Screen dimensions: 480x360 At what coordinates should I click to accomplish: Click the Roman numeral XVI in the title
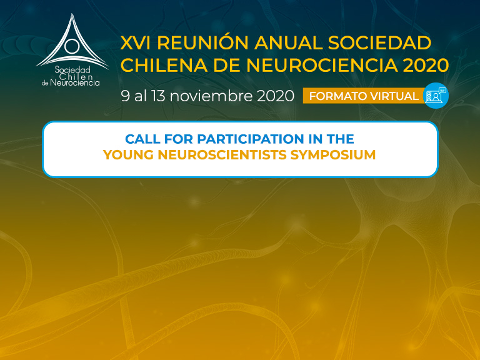click(135, 42)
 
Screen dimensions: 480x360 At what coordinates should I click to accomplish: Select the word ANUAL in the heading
click(288, 42)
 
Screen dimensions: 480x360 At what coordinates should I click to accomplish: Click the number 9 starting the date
click(125, 96)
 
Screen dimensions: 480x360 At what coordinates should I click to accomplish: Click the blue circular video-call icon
click(436, 96)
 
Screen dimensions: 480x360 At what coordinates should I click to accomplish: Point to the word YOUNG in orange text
click(128, 154)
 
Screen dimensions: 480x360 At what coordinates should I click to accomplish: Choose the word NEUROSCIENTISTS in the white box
click(222, 154)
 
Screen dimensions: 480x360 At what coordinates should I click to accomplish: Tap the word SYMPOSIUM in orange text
click(333, 154)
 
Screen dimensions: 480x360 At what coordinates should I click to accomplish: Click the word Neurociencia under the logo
click(75, 82)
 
